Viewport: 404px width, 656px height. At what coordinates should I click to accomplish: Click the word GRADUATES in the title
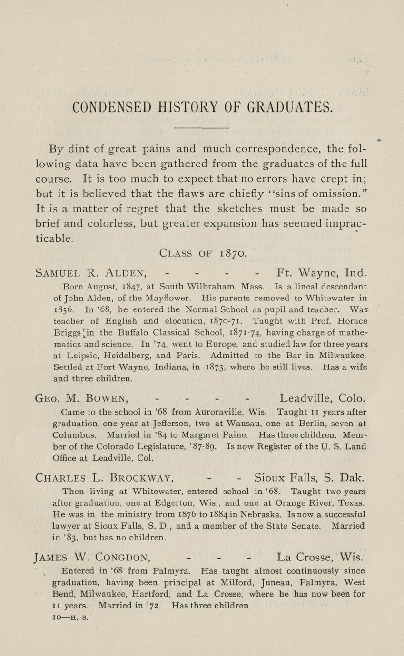[289, 108]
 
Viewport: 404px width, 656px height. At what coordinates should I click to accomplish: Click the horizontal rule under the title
[202, 128]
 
